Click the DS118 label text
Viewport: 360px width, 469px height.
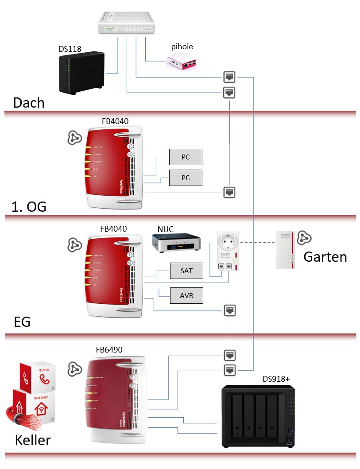[x=70, y=49]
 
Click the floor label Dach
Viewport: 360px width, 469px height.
[x=29, y=103]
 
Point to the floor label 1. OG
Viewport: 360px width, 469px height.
[x=29, y=206]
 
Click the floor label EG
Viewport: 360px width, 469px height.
[x=22, y=322]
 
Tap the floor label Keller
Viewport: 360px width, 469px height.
[x=33, y=440]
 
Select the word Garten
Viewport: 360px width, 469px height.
[x=325, y=257]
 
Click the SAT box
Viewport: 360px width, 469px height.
[x=186, y=271]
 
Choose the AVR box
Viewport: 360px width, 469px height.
[x=186, y=295]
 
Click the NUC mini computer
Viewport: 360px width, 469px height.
[x=177, y=244]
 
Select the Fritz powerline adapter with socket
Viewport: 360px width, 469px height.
[x=228, y=250]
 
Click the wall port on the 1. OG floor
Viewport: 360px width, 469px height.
[x=229, y=192]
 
